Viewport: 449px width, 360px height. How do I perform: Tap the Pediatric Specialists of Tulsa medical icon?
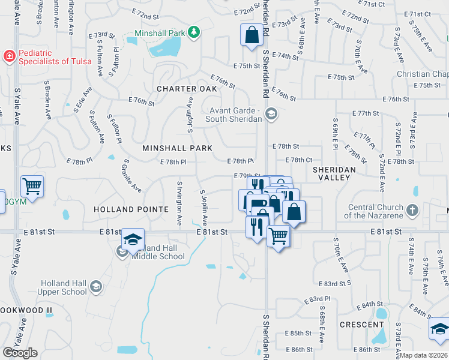tap(10, 58)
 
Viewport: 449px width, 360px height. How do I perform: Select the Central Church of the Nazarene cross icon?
tap(412, 211)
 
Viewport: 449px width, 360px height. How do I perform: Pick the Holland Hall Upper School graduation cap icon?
tap(95, 287)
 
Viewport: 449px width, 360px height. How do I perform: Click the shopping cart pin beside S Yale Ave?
tap(32, 185)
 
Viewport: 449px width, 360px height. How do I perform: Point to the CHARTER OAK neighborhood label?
tap(178, 89)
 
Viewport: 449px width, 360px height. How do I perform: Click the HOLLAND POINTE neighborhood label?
tap(131, 209)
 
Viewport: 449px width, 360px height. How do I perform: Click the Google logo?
tap(20, 353)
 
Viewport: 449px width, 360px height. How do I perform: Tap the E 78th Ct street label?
tap(299, 160)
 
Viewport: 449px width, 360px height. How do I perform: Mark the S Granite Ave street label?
tap(132, 176)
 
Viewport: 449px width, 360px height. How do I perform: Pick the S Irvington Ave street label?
tap(179, 203)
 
